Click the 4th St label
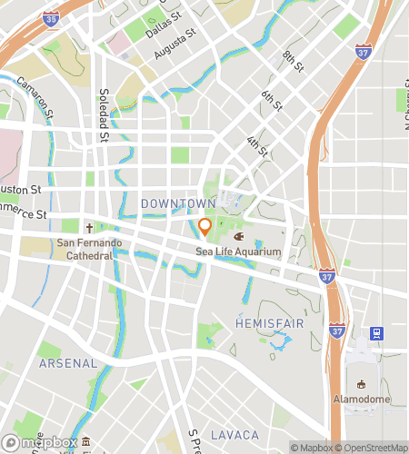[257, 145]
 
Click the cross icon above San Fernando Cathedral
[89, 228]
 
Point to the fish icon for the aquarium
[239, 236]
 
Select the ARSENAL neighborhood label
[67, 362]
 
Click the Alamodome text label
[361, 400]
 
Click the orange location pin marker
[204, 226]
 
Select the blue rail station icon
[376, 333]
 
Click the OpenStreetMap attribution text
[371, 448]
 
